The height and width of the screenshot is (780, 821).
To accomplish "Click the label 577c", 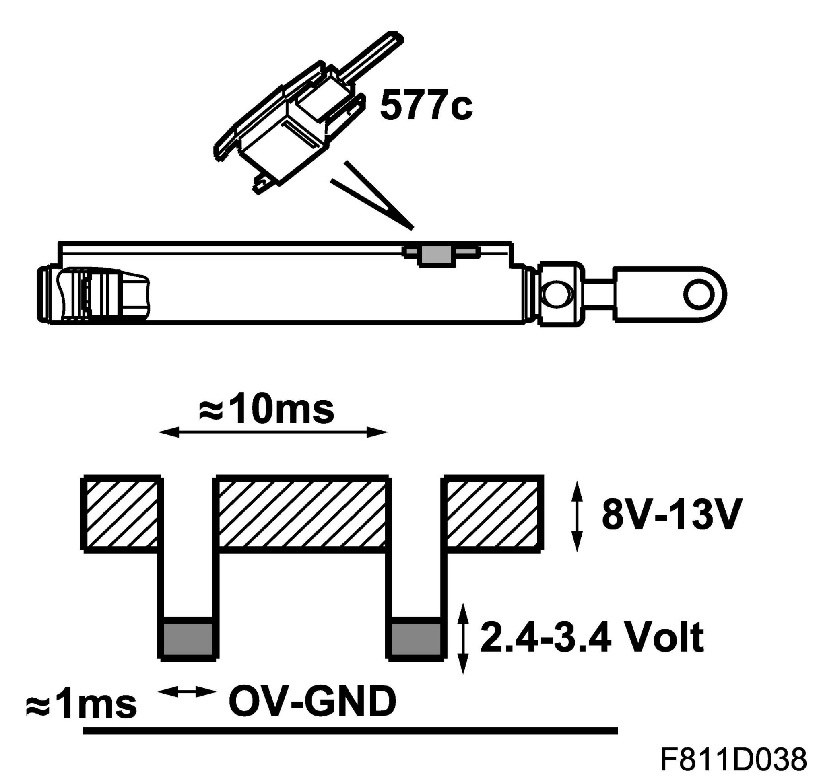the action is point(426,106).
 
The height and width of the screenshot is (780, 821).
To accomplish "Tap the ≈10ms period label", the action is point(266,409).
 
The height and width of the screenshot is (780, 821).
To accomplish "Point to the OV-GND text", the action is point(312,702).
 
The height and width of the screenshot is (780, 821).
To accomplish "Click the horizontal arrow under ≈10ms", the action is point(273,433).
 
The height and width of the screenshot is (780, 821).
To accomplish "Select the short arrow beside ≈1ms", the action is point(187,692).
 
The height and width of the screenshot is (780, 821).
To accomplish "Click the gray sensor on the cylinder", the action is point(436,255).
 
